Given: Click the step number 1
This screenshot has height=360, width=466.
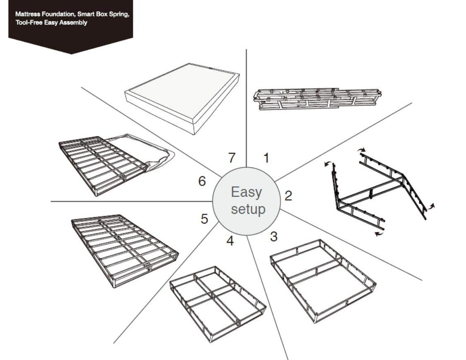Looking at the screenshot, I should (x=266, y=157).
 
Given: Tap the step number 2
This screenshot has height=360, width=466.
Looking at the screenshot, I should (x=288, y=195).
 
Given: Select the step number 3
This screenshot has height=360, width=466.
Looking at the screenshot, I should (x=274, y=237).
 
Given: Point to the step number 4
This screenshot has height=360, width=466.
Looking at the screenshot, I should (x=230, y=240).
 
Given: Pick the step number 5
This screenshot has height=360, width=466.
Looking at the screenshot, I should (x=204, y=219).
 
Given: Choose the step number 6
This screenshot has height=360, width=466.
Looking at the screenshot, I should (x=202, y=181).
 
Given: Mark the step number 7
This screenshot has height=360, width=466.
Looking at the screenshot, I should (x=232, y=158).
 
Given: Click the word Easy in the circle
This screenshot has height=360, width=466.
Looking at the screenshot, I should (x=246, y=193).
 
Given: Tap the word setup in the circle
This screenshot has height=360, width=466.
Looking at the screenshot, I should (x=248, y=209).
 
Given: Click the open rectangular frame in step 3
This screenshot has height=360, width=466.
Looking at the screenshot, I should (x=323, y=280).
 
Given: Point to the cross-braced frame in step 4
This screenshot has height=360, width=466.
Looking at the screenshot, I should (x=217, y=296).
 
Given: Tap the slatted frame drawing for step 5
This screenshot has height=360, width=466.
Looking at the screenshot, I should (x=124, y=249).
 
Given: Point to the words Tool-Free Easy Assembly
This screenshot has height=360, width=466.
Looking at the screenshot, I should (x=51, y=23).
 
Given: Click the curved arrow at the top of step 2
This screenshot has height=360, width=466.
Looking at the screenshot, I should (x=363, y=150).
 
